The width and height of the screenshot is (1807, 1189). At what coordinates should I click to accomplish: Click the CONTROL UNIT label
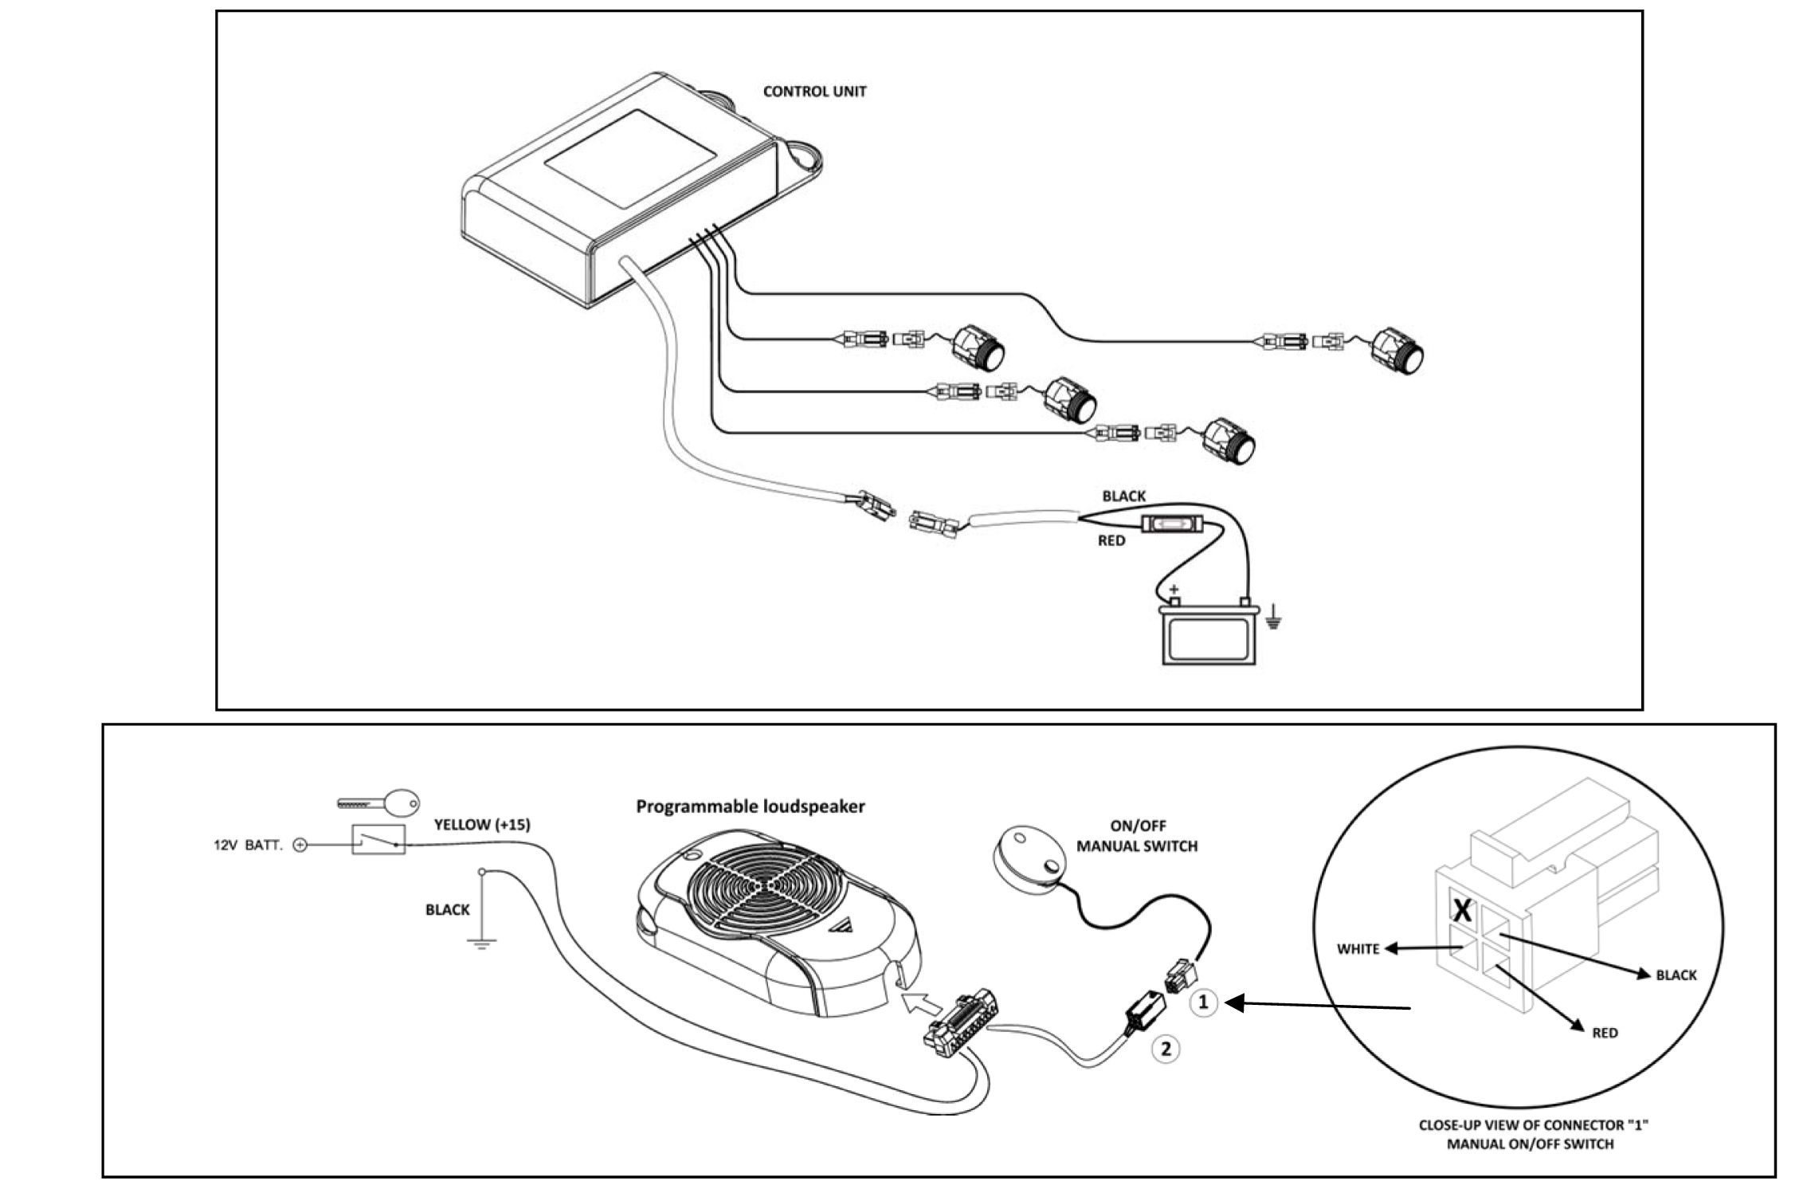point(814,92)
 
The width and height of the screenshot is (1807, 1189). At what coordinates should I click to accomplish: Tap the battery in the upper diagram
point(1209,635)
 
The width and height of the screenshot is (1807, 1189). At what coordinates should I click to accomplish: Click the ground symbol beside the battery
point(1273,618)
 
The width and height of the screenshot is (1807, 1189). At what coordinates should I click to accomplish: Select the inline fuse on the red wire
point(1172,525)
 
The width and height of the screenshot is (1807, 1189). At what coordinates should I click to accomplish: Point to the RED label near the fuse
point(1111,541)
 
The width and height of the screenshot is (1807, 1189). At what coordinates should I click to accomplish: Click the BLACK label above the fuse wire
point(1123,496)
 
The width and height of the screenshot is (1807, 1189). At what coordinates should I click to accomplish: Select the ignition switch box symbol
point(378,840)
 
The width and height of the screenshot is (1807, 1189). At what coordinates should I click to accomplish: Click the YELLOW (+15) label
point(482,825)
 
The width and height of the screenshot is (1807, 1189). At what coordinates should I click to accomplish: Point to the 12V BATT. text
point(248,846)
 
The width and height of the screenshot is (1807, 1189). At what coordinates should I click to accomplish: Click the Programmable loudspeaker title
point(750,806)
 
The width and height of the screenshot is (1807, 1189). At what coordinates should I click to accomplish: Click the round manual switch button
point(1028,855)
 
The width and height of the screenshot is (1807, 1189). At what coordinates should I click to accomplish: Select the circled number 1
point(1203,1003)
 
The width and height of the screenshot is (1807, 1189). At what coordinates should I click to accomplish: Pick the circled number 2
point(1166,1049)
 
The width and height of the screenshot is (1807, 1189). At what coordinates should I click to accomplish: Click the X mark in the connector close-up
point(1462,910)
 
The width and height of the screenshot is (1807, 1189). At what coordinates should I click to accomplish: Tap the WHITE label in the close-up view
point(1358,949)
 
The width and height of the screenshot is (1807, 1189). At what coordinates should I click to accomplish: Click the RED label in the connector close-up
point(1605,1033)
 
